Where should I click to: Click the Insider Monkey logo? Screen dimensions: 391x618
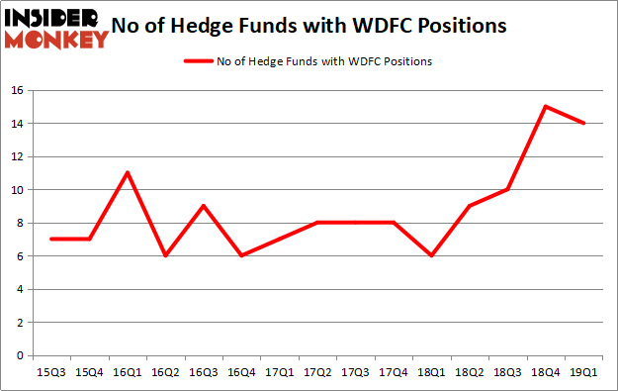pyautogui.click(x=55, y=28)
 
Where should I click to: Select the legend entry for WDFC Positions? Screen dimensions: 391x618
pyautogui.click(x=308, y=60)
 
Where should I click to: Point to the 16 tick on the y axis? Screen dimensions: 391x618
pyautogui.click(x=17, y=90)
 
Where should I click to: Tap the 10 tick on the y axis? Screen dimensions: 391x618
pyautogui.click(x=17, y=189)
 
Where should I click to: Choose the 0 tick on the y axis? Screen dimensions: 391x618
pyautogui.click(x=21, y=355)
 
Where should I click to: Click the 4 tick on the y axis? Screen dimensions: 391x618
pyautogui.click(x=21, y=289)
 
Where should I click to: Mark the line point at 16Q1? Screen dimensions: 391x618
pyautogui.click(x=128, y=172)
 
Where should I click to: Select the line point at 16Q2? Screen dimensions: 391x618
pyautogui.click(x=164, y=255)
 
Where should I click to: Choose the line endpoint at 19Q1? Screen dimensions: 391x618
pyautogui.click(x=584, y=123)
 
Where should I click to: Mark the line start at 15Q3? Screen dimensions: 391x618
pyautogui.click(x=51, y=239)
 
